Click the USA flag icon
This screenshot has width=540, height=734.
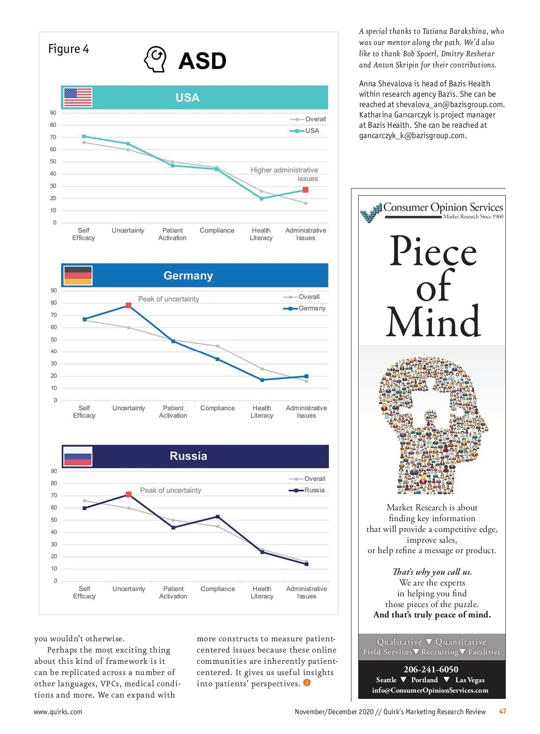click(78, 97)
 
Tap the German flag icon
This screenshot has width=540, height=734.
click(78, 275)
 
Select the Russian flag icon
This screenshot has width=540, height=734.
click(78, 456)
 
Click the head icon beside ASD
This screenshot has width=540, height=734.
click(155, 59)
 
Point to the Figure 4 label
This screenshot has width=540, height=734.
click(68, 49)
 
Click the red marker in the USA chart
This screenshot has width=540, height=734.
click(306, 190)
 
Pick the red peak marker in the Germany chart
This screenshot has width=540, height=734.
click(128, 305)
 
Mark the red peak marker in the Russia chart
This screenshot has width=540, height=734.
click(129, 494)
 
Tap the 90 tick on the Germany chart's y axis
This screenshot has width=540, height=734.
click(54, 290)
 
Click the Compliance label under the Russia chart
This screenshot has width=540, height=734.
click(218, 589)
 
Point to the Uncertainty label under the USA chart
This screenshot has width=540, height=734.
click(128, 230)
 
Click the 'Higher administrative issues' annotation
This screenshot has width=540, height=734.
click(284, 174)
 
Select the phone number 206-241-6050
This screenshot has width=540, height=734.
click(431, 669)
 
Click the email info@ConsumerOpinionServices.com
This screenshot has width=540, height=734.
click(430, 690)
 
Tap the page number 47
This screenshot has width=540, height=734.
click(503, 711)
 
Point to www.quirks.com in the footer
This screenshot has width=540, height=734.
click(58, 711)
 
